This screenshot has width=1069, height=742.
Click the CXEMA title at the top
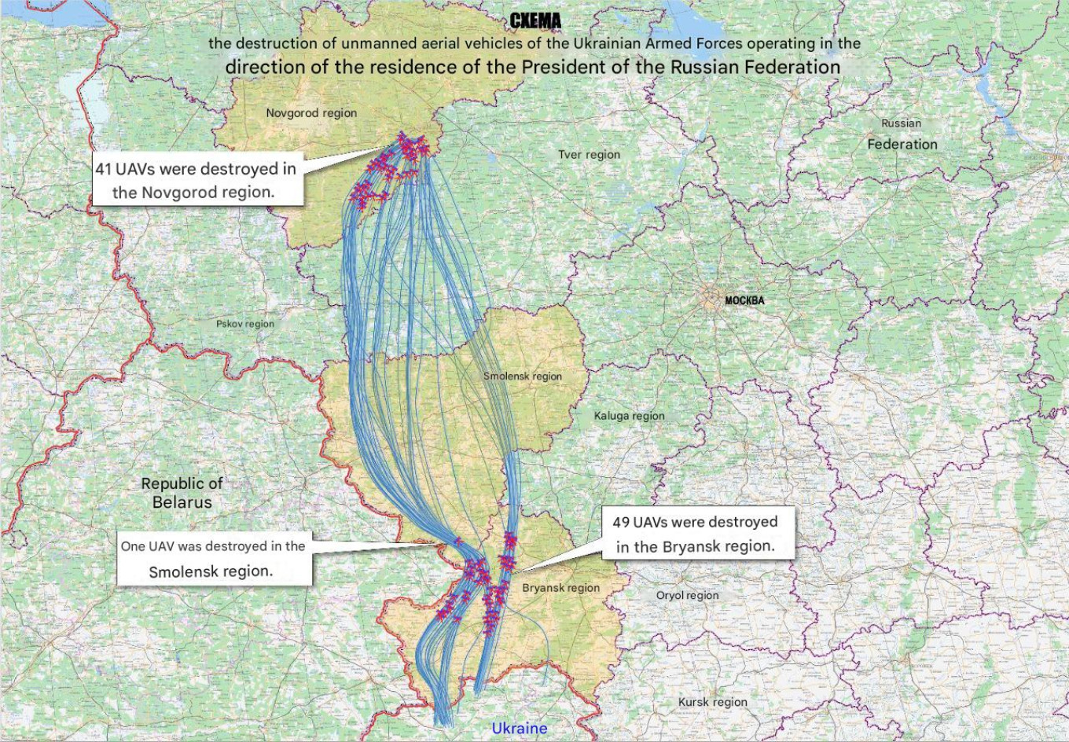[534, 21]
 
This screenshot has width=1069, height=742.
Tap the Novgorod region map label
[311, 113]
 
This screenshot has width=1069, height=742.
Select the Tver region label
[589, 155]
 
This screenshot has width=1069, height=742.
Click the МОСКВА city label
[744, 301]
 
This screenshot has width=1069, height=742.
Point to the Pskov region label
[245, 324]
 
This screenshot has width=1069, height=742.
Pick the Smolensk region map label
[522, 377]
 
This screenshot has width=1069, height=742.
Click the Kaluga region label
[629, 416]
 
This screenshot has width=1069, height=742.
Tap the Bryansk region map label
[560, 588]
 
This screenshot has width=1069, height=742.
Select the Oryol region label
[687, 596]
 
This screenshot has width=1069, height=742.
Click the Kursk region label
[712, 703]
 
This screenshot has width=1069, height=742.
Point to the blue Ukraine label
[519, 729]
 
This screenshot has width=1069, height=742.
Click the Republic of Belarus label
[182, 493]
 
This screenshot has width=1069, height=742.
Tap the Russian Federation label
[902, 134]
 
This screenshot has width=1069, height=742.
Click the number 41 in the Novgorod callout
[104, 169]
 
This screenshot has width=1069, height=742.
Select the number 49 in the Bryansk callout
[621, 523]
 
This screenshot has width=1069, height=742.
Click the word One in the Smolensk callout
[132, 546]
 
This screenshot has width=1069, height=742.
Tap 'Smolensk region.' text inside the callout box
[211, 571]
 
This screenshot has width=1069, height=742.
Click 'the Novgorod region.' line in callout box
[193, 193]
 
